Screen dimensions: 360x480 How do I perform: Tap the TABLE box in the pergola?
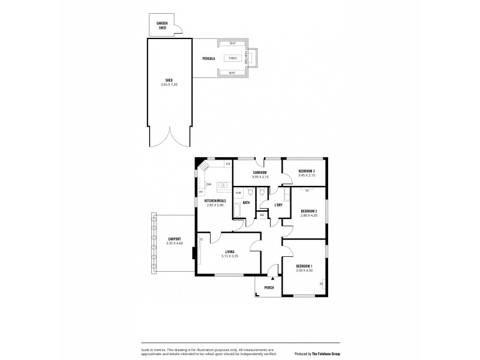(233, 58)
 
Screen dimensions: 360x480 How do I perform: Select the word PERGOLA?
(208, 58)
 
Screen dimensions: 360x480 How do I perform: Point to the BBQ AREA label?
(254, 58)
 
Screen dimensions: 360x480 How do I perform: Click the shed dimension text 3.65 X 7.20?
(170, 85)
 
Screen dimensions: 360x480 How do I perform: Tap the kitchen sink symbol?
(221, 185)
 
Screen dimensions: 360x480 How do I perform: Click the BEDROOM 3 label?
(305, 172)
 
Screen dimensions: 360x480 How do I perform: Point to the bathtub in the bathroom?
(238, 212)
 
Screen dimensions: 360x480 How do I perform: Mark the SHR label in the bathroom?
(238, 193)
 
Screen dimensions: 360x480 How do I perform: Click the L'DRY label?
(278, 205)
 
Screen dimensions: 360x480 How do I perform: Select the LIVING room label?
(230, 251)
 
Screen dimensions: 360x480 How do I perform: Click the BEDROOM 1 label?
(304, 266)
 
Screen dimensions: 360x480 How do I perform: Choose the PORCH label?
(269, 287)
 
